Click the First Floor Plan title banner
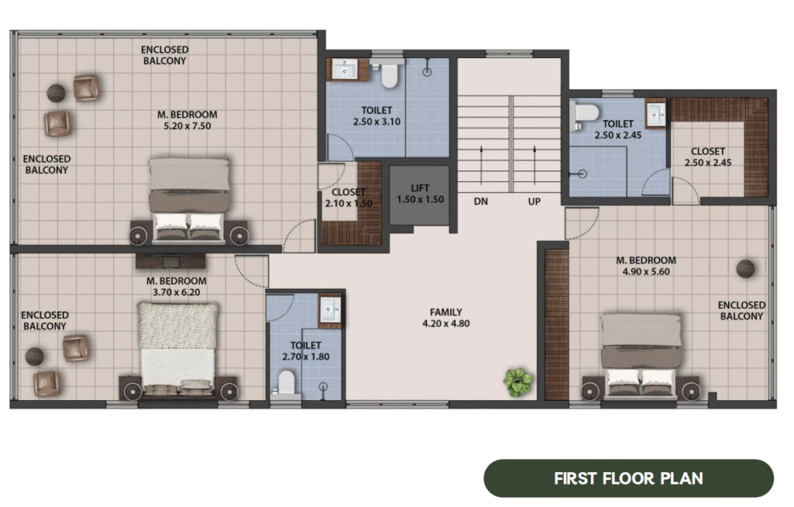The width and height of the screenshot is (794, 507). [628, 478]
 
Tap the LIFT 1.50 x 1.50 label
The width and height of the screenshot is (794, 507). [420, 194]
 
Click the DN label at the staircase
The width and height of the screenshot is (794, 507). [481, 202]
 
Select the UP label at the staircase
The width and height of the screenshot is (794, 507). [534, 202]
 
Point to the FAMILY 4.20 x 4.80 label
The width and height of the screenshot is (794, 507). [446, 318]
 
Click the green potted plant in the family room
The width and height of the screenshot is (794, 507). [518, 381]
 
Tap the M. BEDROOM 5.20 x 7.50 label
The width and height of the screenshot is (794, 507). [188, 120]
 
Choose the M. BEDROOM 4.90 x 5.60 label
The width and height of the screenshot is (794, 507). [646, 266]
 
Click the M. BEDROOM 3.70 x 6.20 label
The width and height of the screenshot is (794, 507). [176, 286]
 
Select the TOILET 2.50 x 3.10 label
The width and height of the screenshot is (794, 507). [377, 116]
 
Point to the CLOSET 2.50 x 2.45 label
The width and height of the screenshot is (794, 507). [708, 157]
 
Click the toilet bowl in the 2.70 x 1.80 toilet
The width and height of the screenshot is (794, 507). [286, 382]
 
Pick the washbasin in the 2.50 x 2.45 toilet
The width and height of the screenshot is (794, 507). [656, 114]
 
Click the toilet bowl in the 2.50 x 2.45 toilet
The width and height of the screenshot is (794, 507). [585, 115]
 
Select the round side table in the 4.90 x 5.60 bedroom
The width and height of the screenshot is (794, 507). [745, 268]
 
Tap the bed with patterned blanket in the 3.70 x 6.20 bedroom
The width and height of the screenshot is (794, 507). [178, 349]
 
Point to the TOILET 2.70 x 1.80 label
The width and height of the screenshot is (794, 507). [306, 351]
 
